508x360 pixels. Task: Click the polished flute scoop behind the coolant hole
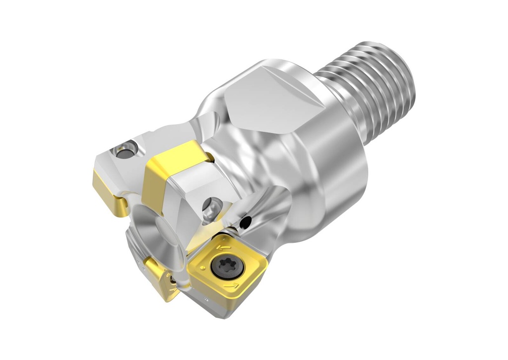(x=268, y=208)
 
